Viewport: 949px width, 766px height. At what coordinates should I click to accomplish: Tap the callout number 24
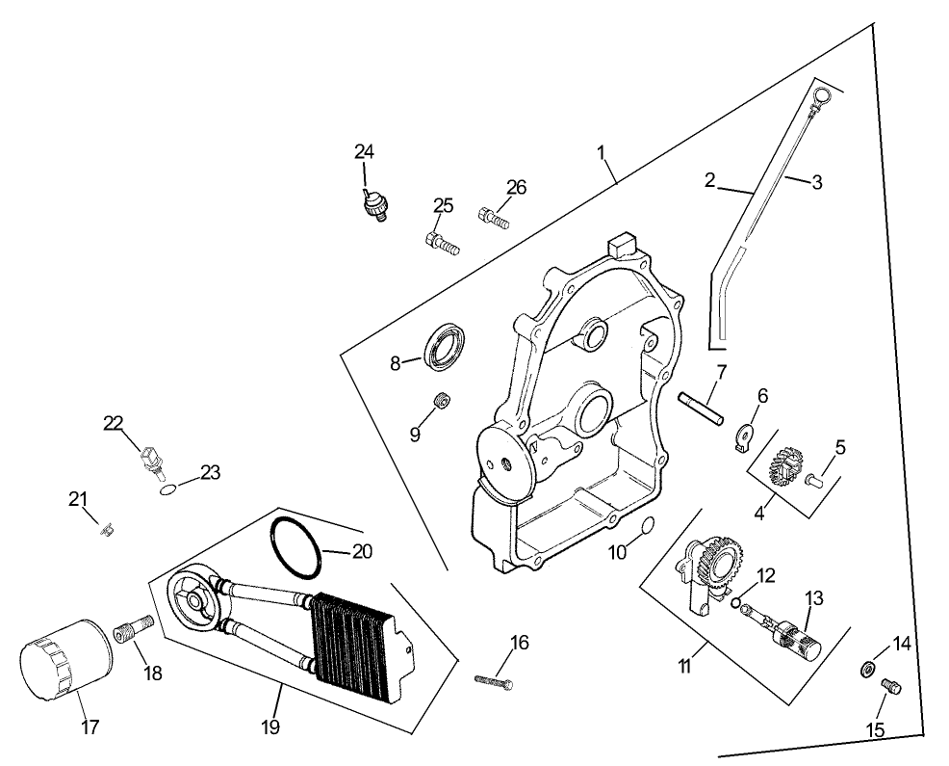(364, 151)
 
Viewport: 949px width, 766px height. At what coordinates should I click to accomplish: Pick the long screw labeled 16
(495, 681)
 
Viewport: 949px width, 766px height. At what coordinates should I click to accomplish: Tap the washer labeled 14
(867, 669)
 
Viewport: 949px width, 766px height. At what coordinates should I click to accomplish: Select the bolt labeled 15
(891, 687)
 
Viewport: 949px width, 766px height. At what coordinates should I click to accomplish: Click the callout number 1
(601, 152)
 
